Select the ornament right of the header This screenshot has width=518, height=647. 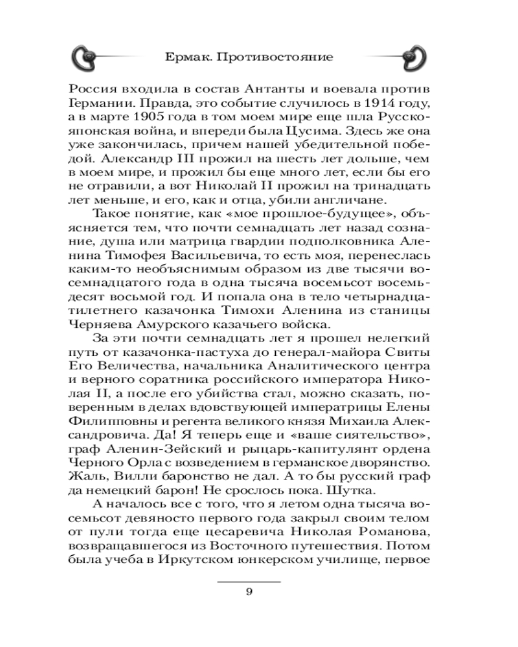pos(412,58)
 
